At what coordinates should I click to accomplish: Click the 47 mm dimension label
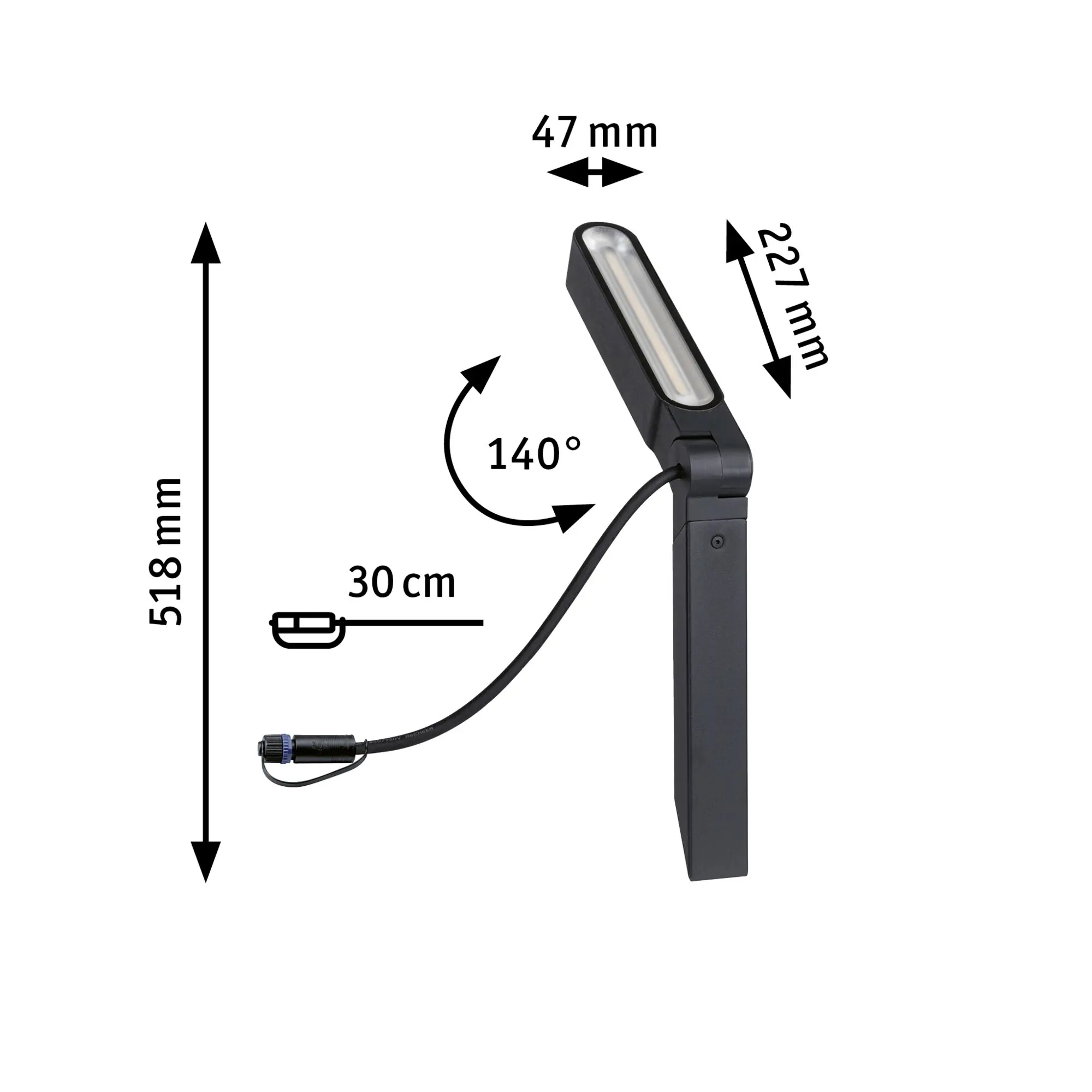tap(595, 133)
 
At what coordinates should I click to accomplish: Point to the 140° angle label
tap(533, 454)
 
